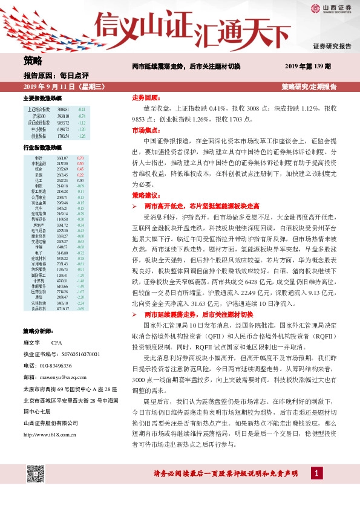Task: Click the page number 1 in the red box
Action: pos(316,472)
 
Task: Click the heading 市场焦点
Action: pos(146,130)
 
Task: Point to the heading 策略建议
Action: pos(146,195)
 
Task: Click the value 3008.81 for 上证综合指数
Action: pos(64,109)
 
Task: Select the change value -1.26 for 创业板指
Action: pos(81,137)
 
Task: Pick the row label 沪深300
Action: pos(38,115)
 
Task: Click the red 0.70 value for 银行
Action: pos(80,158)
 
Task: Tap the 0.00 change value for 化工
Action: pos(80,180)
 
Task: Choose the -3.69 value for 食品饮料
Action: pos(80,309)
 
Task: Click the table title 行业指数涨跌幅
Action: pos(42,148)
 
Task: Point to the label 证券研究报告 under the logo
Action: pos(332,46)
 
